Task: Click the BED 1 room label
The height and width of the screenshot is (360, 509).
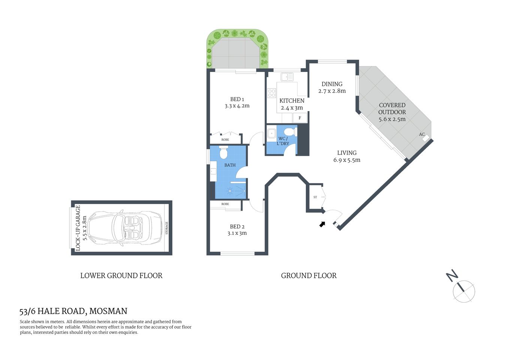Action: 237,99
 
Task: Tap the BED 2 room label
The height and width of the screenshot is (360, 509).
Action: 237,226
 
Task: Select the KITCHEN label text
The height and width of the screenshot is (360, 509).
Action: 292,100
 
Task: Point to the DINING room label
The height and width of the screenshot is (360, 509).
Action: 332,84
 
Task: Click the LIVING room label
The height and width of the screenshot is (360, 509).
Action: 347,153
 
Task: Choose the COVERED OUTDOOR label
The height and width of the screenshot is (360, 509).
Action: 392,109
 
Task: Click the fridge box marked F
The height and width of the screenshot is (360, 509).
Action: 300,118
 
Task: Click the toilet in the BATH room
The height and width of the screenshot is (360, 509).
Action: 223,153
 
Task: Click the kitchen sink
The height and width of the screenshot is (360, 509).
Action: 287,77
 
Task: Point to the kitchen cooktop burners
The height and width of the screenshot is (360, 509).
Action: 271,93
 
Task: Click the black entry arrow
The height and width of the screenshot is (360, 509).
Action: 322,224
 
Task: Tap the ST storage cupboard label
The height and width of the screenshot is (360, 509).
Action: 315,197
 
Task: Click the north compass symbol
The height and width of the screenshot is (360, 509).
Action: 464,291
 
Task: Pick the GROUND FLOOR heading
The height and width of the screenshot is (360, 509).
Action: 308,276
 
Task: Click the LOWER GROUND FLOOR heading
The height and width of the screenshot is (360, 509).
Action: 121,276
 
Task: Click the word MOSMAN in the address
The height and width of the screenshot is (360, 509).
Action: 108,311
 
